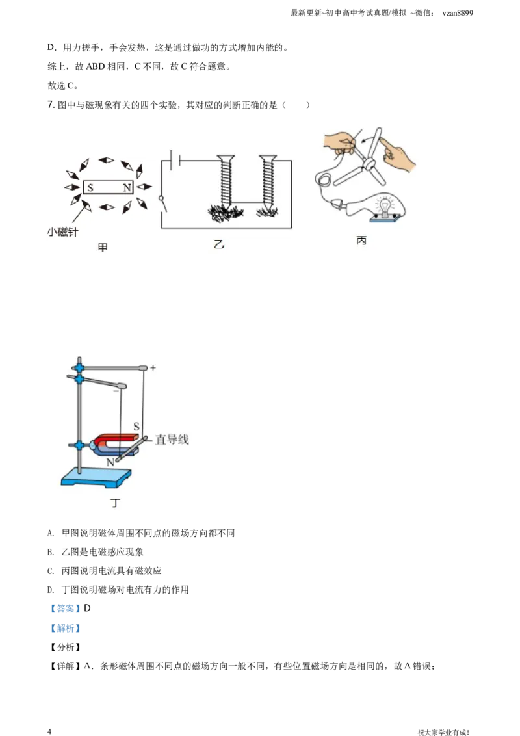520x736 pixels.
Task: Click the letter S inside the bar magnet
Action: tap(90, 187)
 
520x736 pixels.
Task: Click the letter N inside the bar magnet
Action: tap(127, 187)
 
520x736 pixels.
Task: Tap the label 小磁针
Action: tap(62, 232)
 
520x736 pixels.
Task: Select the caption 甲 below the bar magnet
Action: tap(102, 248)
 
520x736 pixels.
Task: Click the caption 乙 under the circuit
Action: tap(218, 244)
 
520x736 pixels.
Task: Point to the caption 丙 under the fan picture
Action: tap(361, 241)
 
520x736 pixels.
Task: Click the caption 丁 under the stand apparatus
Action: tap(116, 503)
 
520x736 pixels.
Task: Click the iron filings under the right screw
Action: tap(266, 212)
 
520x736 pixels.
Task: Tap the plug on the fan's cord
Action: tap(338, 204)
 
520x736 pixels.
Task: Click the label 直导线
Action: tap(172, 440)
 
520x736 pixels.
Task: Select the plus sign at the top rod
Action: tap(153, 368)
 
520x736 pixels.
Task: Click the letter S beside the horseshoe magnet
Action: tap(136, 426)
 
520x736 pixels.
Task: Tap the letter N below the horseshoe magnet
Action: tap(110, 462)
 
